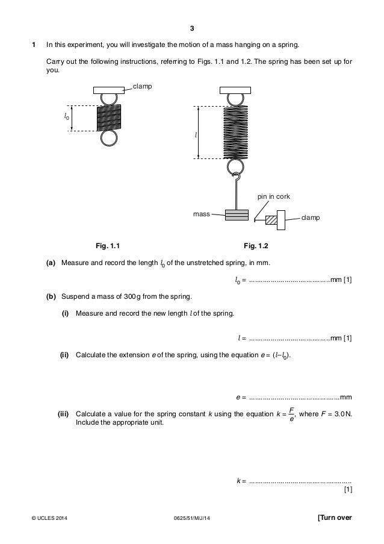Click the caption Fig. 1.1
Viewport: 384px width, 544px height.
(x=109, y=246)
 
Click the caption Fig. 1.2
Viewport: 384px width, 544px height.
(x=255, y=246)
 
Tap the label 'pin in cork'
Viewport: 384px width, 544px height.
(x=273, y=197)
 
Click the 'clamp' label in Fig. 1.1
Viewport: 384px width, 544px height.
(x=142, y=87)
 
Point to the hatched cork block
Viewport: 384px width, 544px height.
(x=271, y=220)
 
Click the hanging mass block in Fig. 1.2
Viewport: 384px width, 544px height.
(x=236, y=214)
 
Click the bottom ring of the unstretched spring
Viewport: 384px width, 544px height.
(x=109, y=138)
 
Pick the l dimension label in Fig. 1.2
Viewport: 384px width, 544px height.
(x=195, y=134)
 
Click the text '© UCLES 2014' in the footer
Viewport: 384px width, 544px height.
(x=52, y=519)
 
